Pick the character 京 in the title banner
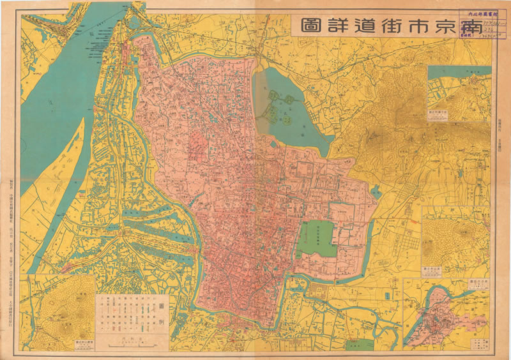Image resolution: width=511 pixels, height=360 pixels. click(x=440, y=25)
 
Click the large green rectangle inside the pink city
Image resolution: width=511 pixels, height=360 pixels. click(x=317, y=237)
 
